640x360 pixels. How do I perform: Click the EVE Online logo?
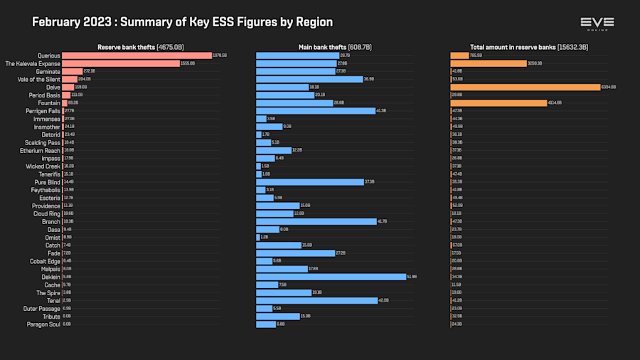click(597, 23)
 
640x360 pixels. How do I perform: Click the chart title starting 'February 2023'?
click(183, 22)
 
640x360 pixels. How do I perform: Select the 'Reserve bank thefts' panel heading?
click(140, 47)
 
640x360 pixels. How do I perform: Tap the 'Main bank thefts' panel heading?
click(334, 47)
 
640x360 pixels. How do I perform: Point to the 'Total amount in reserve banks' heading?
click(528, 47)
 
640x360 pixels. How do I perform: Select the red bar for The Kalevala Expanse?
click(121, 63)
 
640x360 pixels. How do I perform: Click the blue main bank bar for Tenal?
click(316, 300)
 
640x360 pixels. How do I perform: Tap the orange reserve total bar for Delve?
click(526, 87)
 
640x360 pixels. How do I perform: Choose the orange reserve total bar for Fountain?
click(498, 103)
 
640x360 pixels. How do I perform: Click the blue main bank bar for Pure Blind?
click(309, 182)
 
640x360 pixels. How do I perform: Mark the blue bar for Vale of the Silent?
click(309, 79)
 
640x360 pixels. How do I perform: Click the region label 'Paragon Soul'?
click(44, 324)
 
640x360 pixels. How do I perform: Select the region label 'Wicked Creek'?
click(43, 166)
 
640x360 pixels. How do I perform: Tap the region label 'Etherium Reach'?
click(40, 150)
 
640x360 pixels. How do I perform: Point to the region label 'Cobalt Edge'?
click(45, 261)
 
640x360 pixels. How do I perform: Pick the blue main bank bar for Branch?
click(316, 221)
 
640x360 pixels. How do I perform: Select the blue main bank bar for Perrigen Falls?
click(315, 111)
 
